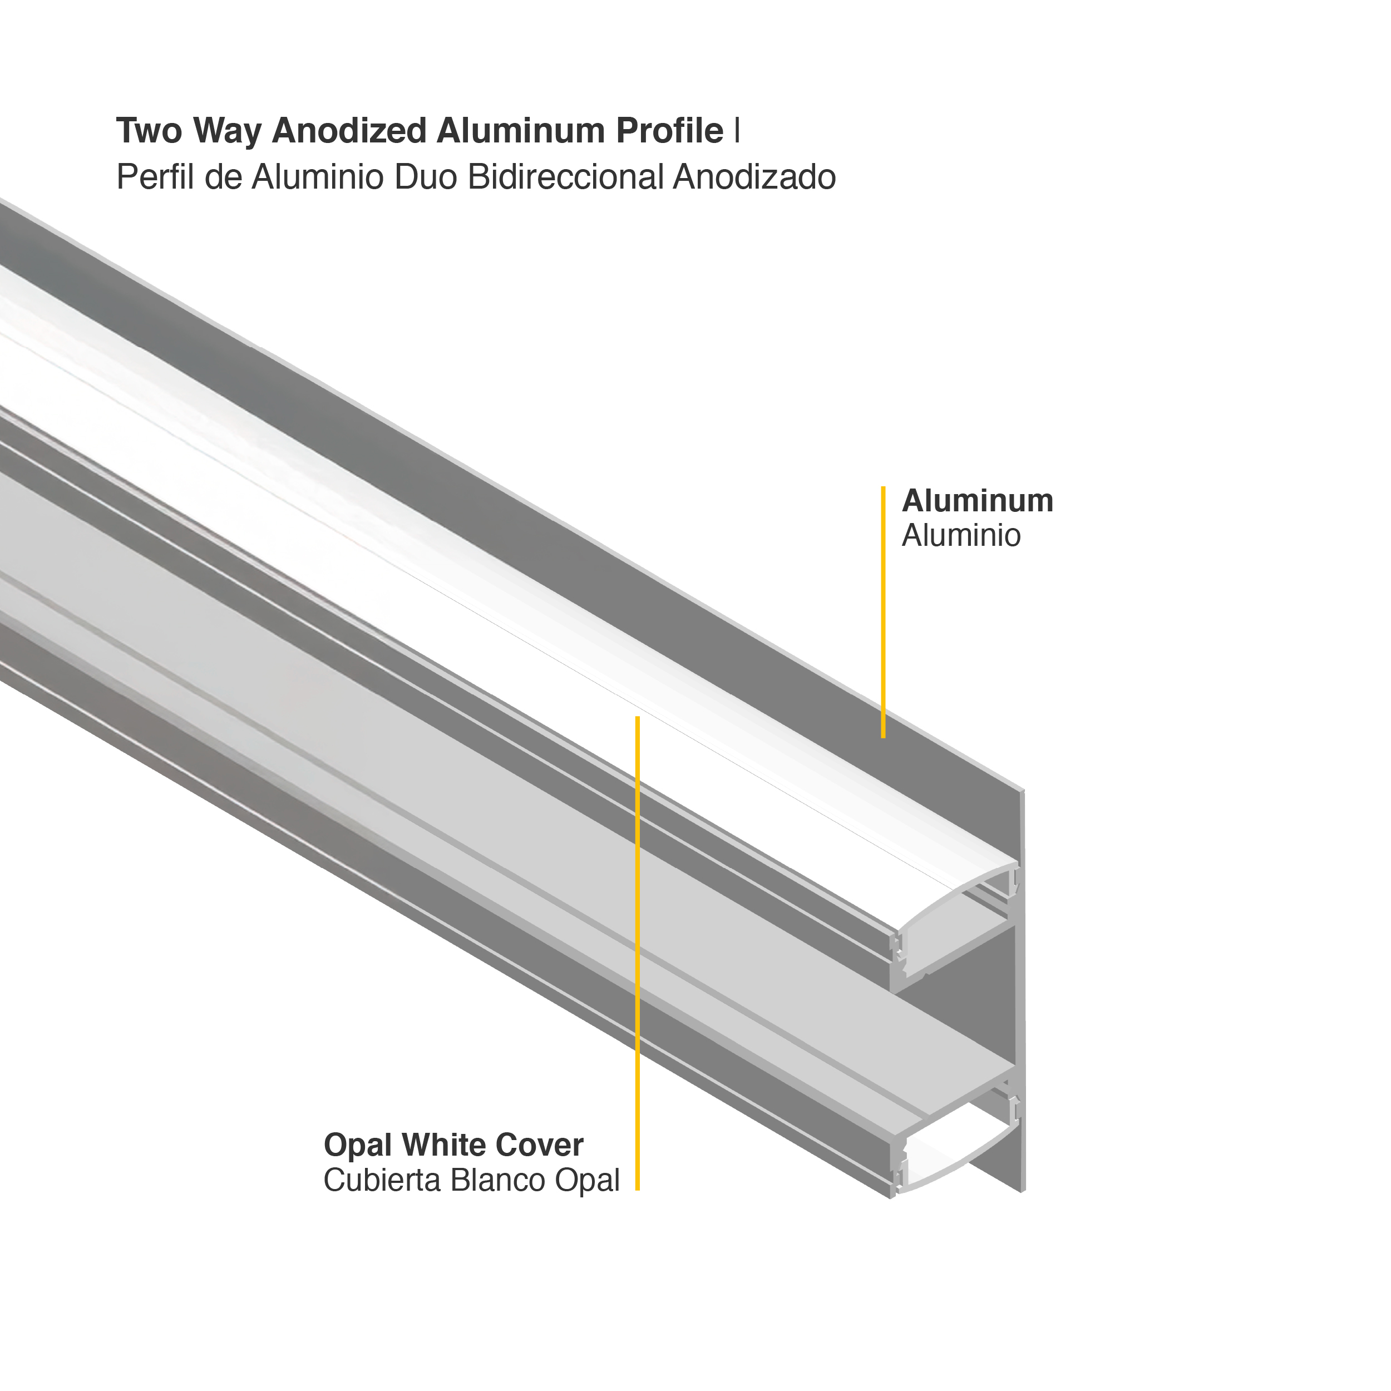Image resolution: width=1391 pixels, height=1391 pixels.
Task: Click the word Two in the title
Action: (150, 131)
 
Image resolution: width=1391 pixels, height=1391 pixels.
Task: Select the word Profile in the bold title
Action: (669, 131)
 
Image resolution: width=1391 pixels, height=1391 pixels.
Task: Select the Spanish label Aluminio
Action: (960, 536)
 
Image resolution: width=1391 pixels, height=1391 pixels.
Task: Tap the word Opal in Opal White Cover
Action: (358, 1146)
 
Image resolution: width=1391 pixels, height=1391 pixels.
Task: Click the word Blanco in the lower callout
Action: (497, 1181)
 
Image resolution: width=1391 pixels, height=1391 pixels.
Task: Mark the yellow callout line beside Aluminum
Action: (882, 612)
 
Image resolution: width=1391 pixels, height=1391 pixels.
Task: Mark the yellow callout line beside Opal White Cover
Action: (637, 950)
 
